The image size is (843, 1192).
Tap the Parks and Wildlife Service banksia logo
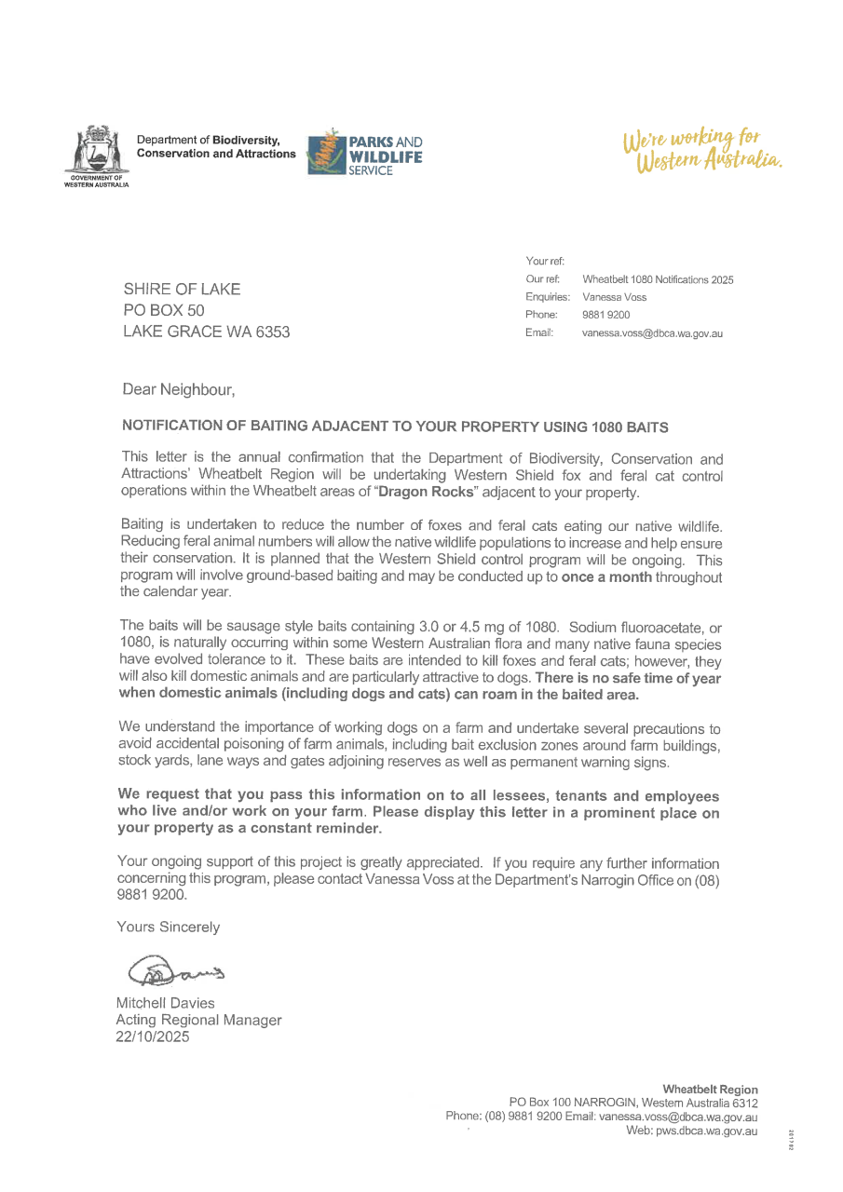point(326,153)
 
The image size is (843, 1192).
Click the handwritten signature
point(175,971)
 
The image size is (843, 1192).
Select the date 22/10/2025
point(152,1036)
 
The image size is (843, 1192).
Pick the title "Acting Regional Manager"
point(197,1020)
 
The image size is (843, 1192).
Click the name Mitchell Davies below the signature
point(165,1003)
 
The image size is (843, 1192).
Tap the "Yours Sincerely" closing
point(169,927)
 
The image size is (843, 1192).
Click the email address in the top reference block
point(652,332)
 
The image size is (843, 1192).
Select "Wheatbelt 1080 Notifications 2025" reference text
point(658,279)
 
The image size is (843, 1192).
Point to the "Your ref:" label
point(539,261)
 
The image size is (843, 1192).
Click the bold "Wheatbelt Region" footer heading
point(710,1089)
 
